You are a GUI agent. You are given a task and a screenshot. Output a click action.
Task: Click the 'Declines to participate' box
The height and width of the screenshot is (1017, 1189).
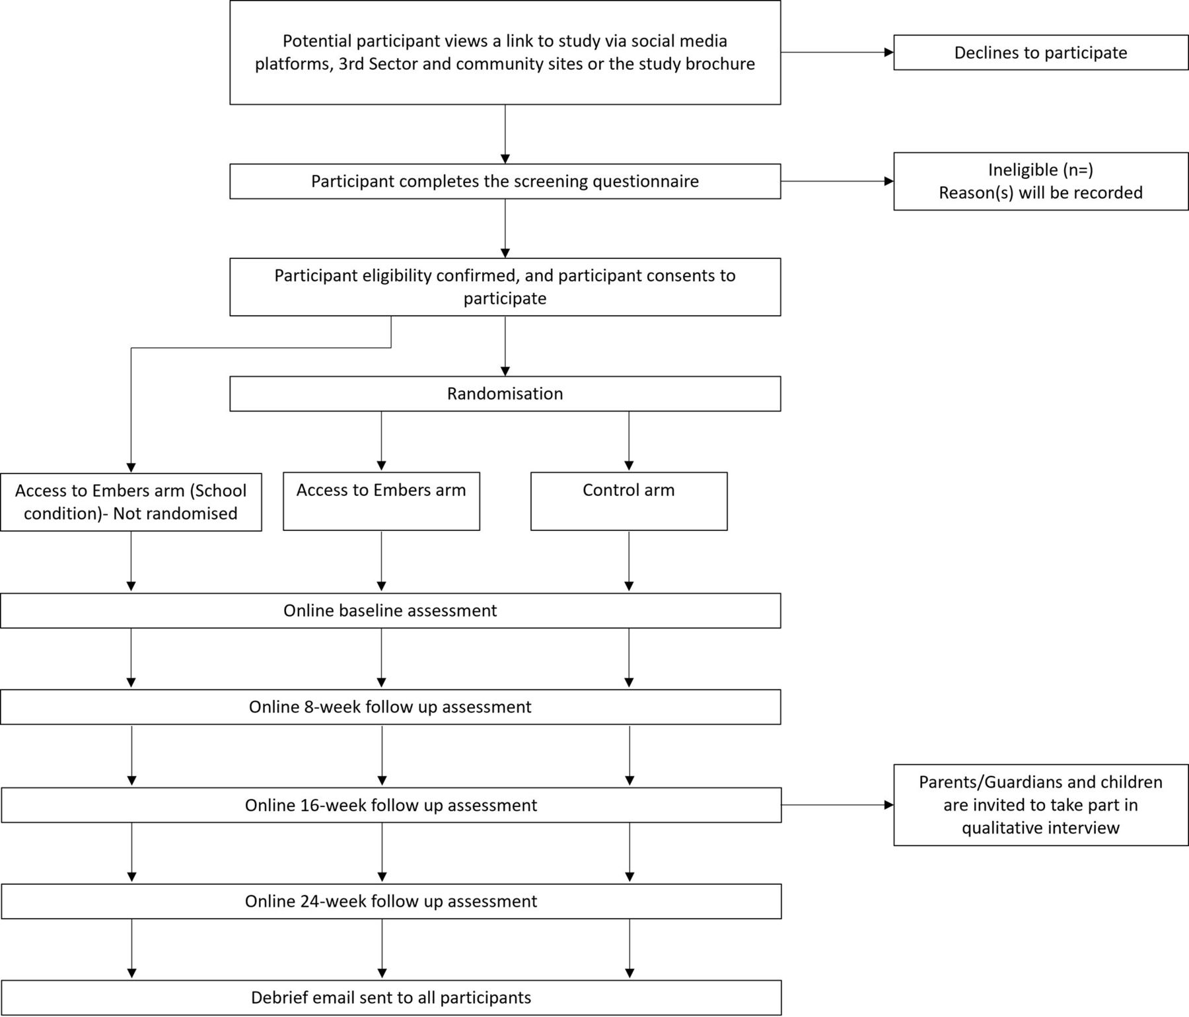[1041, 53]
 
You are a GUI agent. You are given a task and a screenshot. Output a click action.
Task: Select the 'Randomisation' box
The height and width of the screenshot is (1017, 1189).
[505, 394]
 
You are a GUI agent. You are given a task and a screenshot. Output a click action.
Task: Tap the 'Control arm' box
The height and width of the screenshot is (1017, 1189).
[629, 501]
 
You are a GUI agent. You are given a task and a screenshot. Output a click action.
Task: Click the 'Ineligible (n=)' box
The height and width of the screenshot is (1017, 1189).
[1041, 182]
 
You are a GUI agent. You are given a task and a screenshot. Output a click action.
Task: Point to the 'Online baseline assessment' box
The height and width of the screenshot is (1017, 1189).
[390, 610]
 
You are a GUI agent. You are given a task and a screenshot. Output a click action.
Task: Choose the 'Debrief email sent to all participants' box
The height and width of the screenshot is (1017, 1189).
[391, 997]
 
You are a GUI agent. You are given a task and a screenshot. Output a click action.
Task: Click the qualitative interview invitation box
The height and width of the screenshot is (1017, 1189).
[1041, 805]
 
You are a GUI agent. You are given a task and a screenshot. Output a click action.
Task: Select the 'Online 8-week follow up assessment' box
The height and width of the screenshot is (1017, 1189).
[390, 707]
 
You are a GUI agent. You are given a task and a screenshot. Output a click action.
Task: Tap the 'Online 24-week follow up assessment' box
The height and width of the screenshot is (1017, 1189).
[391, 901]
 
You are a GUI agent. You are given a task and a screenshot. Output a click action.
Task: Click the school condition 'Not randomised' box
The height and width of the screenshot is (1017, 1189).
[131, 502]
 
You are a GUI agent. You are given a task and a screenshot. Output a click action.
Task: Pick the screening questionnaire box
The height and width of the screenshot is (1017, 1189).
[505, 182]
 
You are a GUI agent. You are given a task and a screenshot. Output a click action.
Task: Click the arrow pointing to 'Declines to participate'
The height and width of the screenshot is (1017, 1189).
[837, 52]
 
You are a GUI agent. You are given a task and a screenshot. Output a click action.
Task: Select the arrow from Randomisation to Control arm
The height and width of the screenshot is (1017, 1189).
[629, 441]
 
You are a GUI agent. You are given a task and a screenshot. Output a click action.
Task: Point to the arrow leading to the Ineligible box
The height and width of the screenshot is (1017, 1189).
[837, 181]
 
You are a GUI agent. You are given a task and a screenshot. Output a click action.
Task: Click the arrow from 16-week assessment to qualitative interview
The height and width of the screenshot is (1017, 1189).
[837, 805]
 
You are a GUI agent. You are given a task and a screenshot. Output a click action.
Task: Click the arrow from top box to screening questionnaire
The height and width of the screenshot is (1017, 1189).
[505, 134]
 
